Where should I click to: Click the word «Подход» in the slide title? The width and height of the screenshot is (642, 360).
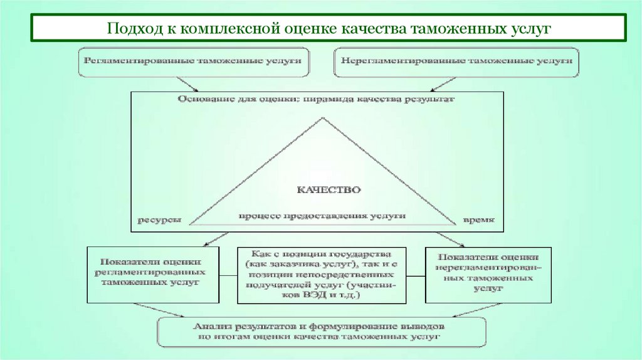click(131, 29)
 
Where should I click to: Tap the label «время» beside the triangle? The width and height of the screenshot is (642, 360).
click(478, 220)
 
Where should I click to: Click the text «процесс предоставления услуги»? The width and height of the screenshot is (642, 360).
click(322, 215)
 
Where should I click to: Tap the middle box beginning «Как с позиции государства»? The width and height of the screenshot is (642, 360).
click(321, 275)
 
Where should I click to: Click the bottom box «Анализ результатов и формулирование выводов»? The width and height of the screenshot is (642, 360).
click(321, 332)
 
